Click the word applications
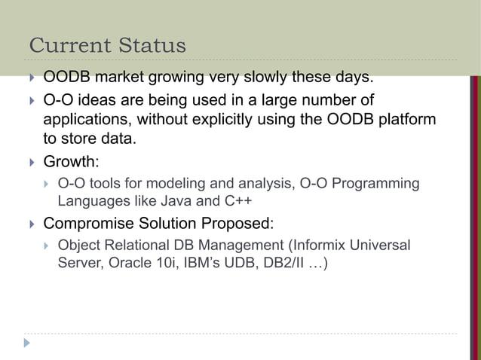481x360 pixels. pos(85,120)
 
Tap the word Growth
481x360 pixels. pos(68,161)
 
